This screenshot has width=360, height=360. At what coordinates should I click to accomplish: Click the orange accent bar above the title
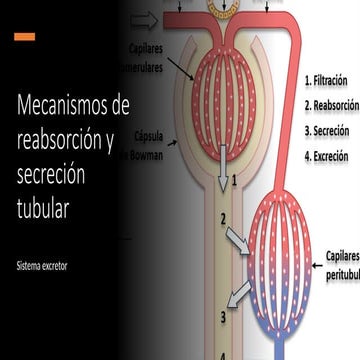click(x=25, y=37)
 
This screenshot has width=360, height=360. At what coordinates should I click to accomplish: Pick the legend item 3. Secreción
click(x=328, y=130)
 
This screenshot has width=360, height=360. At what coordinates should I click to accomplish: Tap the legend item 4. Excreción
click(x=328, y=156)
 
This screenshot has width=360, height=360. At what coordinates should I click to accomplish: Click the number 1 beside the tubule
click(x=233, y=181)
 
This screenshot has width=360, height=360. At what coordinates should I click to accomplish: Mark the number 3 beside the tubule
click(x=223, y=290)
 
